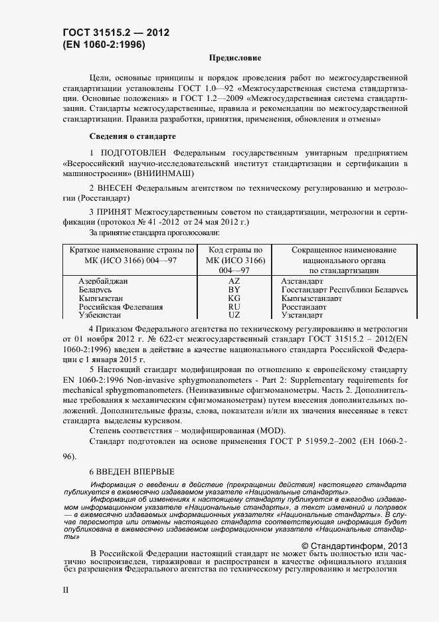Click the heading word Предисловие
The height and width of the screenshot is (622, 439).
(235, 58)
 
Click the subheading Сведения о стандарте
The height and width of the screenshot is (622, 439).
(132, 136)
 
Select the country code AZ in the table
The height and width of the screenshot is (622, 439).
(234, 281)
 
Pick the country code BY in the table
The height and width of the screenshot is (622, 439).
(234, 290)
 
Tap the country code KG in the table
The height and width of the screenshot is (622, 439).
(234, 299)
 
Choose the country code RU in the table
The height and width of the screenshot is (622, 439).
(234, 308)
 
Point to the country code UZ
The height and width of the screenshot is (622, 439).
(234, 316)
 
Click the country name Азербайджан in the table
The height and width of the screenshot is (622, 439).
(103, 281)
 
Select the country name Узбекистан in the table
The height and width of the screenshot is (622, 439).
(102, 316)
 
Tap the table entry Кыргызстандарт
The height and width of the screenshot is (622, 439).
(311, 299)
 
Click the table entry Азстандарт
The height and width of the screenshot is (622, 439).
(302, 281)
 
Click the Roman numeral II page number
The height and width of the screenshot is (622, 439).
(65, 589)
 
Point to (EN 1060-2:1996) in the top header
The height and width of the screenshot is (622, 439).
(104, 45)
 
